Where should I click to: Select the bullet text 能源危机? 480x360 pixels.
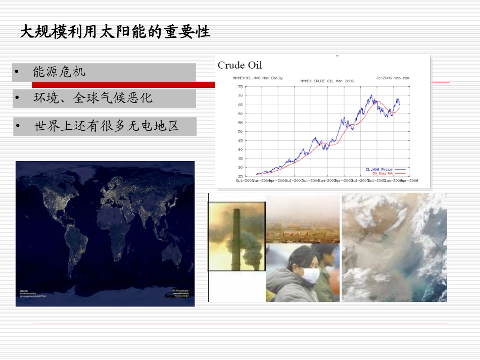(x=59, y=72)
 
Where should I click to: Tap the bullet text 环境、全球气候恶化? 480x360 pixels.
(x=92, y=98)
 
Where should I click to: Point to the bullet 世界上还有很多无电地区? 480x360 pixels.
(x=106, y=126)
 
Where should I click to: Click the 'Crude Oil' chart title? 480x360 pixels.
(x=240, y=65)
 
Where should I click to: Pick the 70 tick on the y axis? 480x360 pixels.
(x=240, y=95)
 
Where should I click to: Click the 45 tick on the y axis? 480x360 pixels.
(x=240, y=140)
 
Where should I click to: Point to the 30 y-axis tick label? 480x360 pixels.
(x=240, y=168)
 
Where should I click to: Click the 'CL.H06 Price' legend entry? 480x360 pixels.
(x=379, y=169)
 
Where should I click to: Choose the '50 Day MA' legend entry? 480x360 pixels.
(x=382, y=173)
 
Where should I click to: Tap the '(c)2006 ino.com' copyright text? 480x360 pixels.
(x=393, y=78)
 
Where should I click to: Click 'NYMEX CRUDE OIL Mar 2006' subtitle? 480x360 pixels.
(x=327, y=81)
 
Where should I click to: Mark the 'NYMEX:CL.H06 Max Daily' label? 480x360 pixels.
(x=258, y=78)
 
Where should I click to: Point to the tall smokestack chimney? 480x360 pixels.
(x=235, y=237)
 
